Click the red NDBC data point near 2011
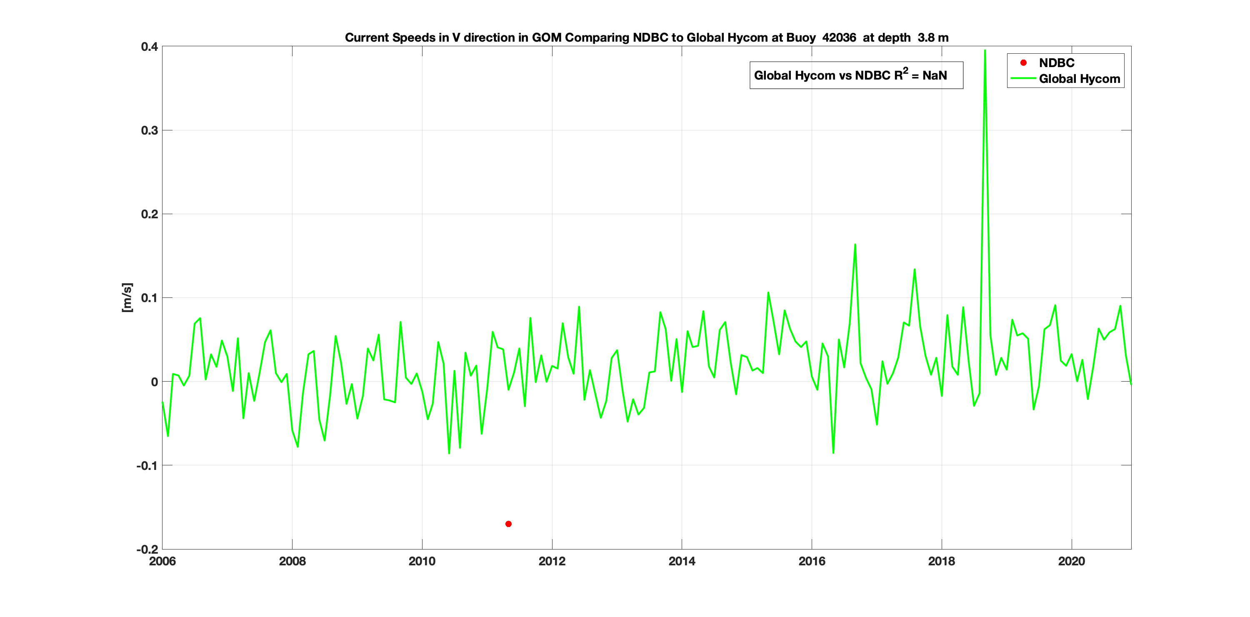click(508, 524)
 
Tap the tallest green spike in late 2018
click(985, 51)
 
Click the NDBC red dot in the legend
click(1023, 62)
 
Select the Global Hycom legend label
click(1079, 79)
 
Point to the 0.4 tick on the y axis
click(150, 47)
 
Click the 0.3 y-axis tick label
click(150, 130)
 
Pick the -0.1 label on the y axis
click(147, 466)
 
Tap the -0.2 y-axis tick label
click(147, 550)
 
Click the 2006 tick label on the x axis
click(162, 561)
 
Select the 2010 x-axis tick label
click(422, 561)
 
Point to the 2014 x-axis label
click(682, 561)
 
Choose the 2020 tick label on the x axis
click(1071, 561)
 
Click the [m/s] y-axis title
click(127, 297)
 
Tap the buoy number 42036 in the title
click(839, 38)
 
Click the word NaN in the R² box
click(935, 76)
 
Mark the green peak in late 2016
click(855, 245)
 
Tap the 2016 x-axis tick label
click(812, 561)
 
